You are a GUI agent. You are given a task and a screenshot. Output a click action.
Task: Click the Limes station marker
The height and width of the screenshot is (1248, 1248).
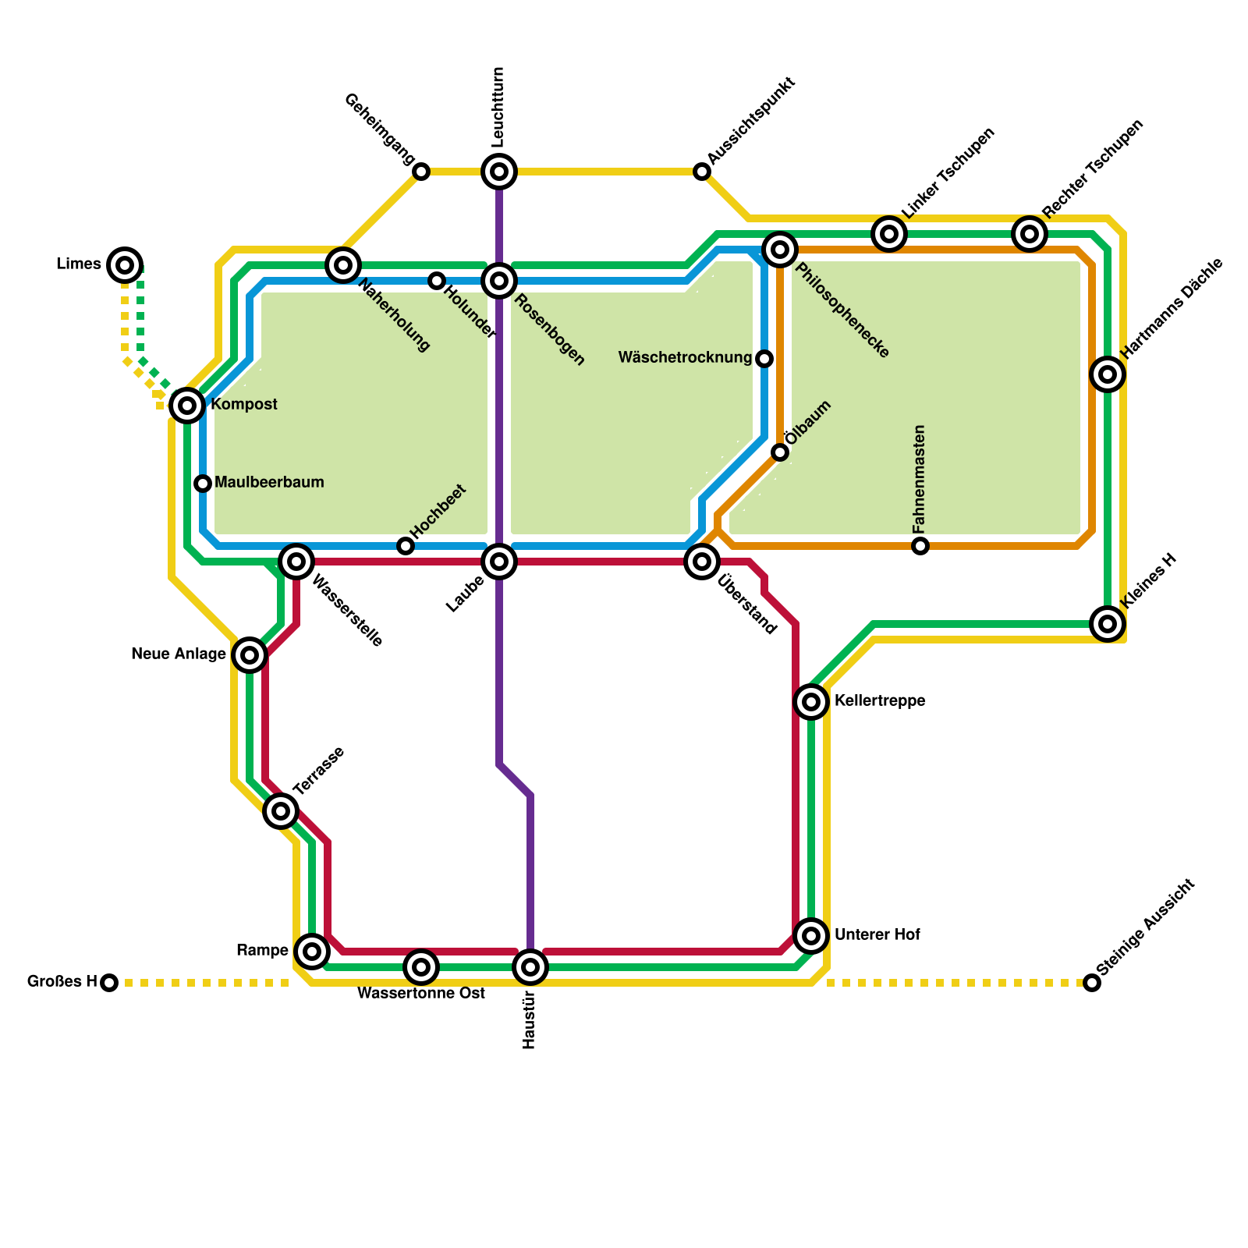click(125, 265)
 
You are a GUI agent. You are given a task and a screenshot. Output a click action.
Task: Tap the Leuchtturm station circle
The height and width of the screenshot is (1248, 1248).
click(499, 171)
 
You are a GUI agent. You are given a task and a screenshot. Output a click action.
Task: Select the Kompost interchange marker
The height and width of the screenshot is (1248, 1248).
click(187, 405)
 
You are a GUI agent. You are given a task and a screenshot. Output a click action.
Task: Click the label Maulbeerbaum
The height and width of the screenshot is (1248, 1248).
click(269, 483)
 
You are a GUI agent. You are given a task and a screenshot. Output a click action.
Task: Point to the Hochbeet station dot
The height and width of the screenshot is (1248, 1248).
click(406, 546)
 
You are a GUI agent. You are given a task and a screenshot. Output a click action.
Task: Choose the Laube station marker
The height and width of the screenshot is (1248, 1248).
click(499, 562)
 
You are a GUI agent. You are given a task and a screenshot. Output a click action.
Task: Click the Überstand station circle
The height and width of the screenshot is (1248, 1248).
click(702, 561)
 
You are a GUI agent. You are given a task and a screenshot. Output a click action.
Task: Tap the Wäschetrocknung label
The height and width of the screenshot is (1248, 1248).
click(685, 358)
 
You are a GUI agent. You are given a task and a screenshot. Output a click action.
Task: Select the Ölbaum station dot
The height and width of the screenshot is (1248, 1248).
click(780, 452)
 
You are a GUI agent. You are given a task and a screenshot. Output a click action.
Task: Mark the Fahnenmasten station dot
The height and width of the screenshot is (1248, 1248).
click(920, 546)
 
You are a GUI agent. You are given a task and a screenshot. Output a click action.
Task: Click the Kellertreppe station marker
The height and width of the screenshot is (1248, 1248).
click(811, 702)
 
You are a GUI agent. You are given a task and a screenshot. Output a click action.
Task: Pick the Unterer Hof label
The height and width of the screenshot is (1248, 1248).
click(877, 935)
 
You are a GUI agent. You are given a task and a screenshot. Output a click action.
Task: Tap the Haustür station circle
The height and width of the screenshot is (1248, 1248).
click(530, 968)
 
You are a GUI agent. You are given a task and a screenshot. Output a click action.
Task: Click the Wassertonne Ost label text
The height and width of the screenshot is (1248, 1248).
click(421, 994)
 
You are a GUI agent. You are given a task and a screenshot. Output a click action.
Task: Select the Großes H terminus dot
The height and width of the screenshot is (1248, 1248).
click(109, 983)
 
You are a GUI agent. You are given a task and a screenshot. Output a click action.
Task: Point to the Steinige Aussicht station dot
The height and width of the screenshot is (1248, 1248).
click(1092, 983)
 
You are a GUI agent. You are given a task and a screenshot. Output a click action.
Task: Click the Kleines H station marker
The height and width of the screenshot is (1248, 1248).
click(1108, 623)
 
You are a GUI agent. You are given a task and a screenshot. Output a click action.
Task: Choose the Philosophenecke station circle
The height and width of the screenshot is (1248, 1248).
click(780, 250)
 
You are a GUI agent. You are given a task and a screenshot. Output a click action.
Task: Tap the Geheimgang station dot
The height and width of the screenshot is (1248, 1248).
click(421, 172)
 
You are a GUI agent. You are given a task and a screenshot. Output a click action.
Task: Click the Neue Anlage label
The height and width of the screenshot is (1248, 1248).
click(179, 654)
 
